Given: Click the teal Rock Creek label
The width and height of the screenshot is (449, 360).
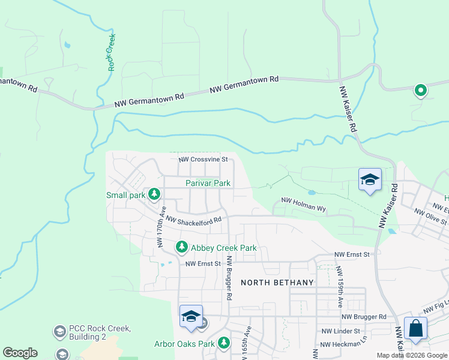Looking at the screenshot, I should coord(112,52).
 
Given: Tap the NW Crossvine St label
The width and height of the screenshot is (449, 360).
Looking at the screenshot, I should coord(203,160).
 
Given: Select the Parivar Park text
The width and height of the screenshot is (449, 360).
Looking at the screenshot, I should coord(208,183).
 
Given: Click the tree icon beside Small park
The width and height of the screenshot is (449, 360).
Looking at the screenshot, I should coord(155,194).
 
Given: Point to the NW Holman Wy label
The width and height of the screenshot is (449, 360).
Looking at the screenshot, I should coord(303,205).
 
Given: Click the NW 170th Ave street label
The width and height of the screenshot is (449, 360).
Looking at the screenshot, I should coord(161,227).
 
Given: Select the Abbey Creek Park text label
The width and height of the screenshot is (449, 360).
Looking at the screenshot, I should coord(223,247).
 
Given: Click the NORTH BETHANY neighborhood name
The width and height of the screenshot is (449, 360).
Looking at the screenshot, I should coord(277,283).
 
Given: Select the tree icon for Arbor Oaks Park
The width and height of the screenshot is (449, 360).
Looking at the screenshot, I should coord(224,343).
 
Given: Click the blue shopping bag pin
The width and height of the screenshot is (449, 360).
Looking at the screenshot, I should coord(415,329).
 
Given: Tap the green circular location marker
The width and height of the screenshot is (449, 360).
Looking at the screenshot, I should coord(421,91).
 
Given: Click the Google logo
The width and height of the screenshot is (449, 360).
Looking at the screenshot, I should coord(20,353).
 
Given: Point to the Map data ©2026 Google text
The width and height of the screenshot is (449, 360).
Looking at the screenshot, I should coord(411,355).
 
